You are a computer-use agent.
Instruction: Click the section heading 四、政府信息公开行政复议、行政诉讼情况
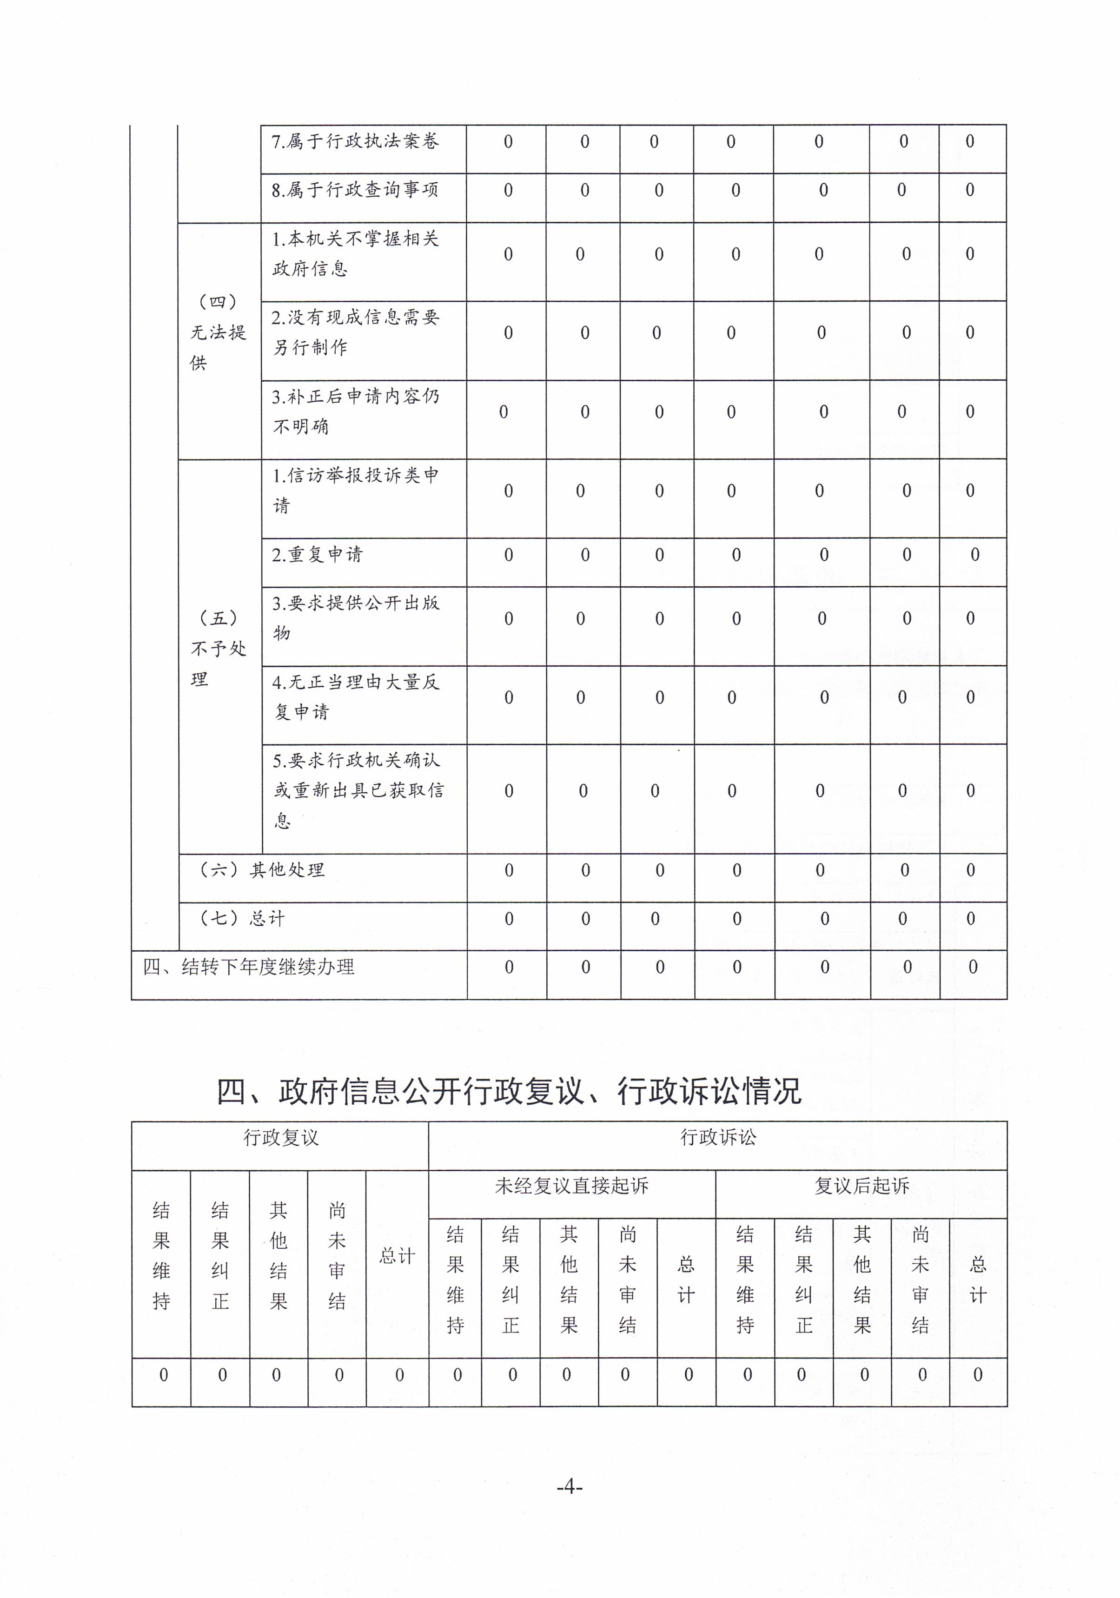(x=509, y=1091)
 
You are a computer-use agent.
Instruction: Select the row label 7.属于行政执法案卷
(x=355, y=141)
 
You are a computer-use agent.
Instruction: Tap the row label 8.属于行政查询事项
(x=355, y=190)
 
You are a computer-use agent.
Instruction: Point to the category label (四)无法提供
(x=218, y=332)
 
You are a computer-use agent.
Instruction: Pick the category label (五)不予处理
(x=218, y=649)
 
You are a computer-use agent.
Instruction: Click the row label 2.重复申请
(x=318, y=555)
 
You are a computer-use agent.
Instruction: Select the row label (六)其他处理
(x=262, y=870)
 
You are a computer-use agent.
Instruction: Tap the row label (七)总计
(x=242, y=919)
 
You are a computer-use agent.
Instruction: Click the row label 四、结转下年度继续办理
(x=249, y=967)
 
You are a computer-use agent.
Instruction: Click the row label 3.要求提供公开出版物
(x=355, y=617)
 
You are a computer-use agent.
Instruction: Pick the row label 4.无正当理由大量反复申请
(x=355, y=696)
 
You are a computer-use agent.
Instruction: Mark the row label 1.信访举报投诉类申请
(x=355, y=490)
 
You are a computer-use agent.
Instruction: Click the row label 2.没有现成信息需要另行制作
(x=355, y=332)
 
